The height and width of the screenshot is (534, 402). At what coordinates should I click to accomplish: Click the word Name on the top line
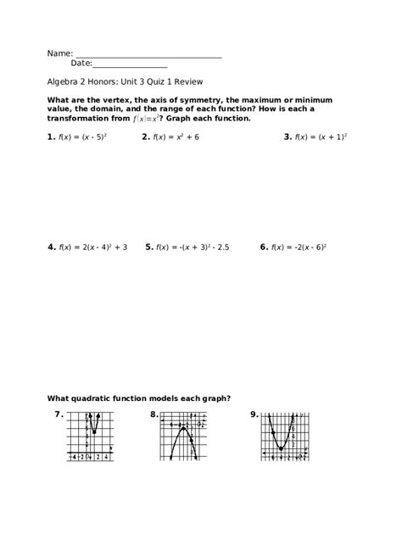coord(59,53)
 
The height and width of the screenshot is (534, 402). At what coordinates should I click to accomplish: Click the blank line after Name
coord(148,56)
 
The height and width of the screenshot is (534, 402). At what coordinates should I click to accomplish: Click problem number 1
coord(51,136)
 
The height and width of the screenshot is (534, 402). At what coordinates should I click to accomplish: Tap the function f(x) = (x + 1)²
coord(321,136)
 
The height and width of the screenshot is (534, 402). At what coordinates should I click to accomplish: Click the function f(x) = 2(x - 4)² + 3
coord(92,248)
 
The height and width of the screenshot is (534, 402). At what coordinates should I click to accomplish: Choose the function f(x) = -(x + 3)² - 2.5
coord(193,248)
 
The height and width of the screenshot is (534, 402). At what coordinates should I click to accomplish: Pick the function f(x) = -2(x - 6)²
coord(299,248)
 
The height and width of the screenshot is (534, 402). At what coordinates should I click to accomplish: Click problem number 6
coord(264,248)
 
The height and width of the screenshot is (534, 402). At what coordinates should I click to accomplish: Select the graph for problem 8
coord(182,436)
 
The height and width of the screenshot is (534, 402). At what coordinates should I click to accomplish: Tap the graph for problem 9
coord(283,436)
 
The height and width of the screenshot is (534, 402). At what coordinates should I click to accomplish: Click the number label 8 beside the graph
coord(154,414)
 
